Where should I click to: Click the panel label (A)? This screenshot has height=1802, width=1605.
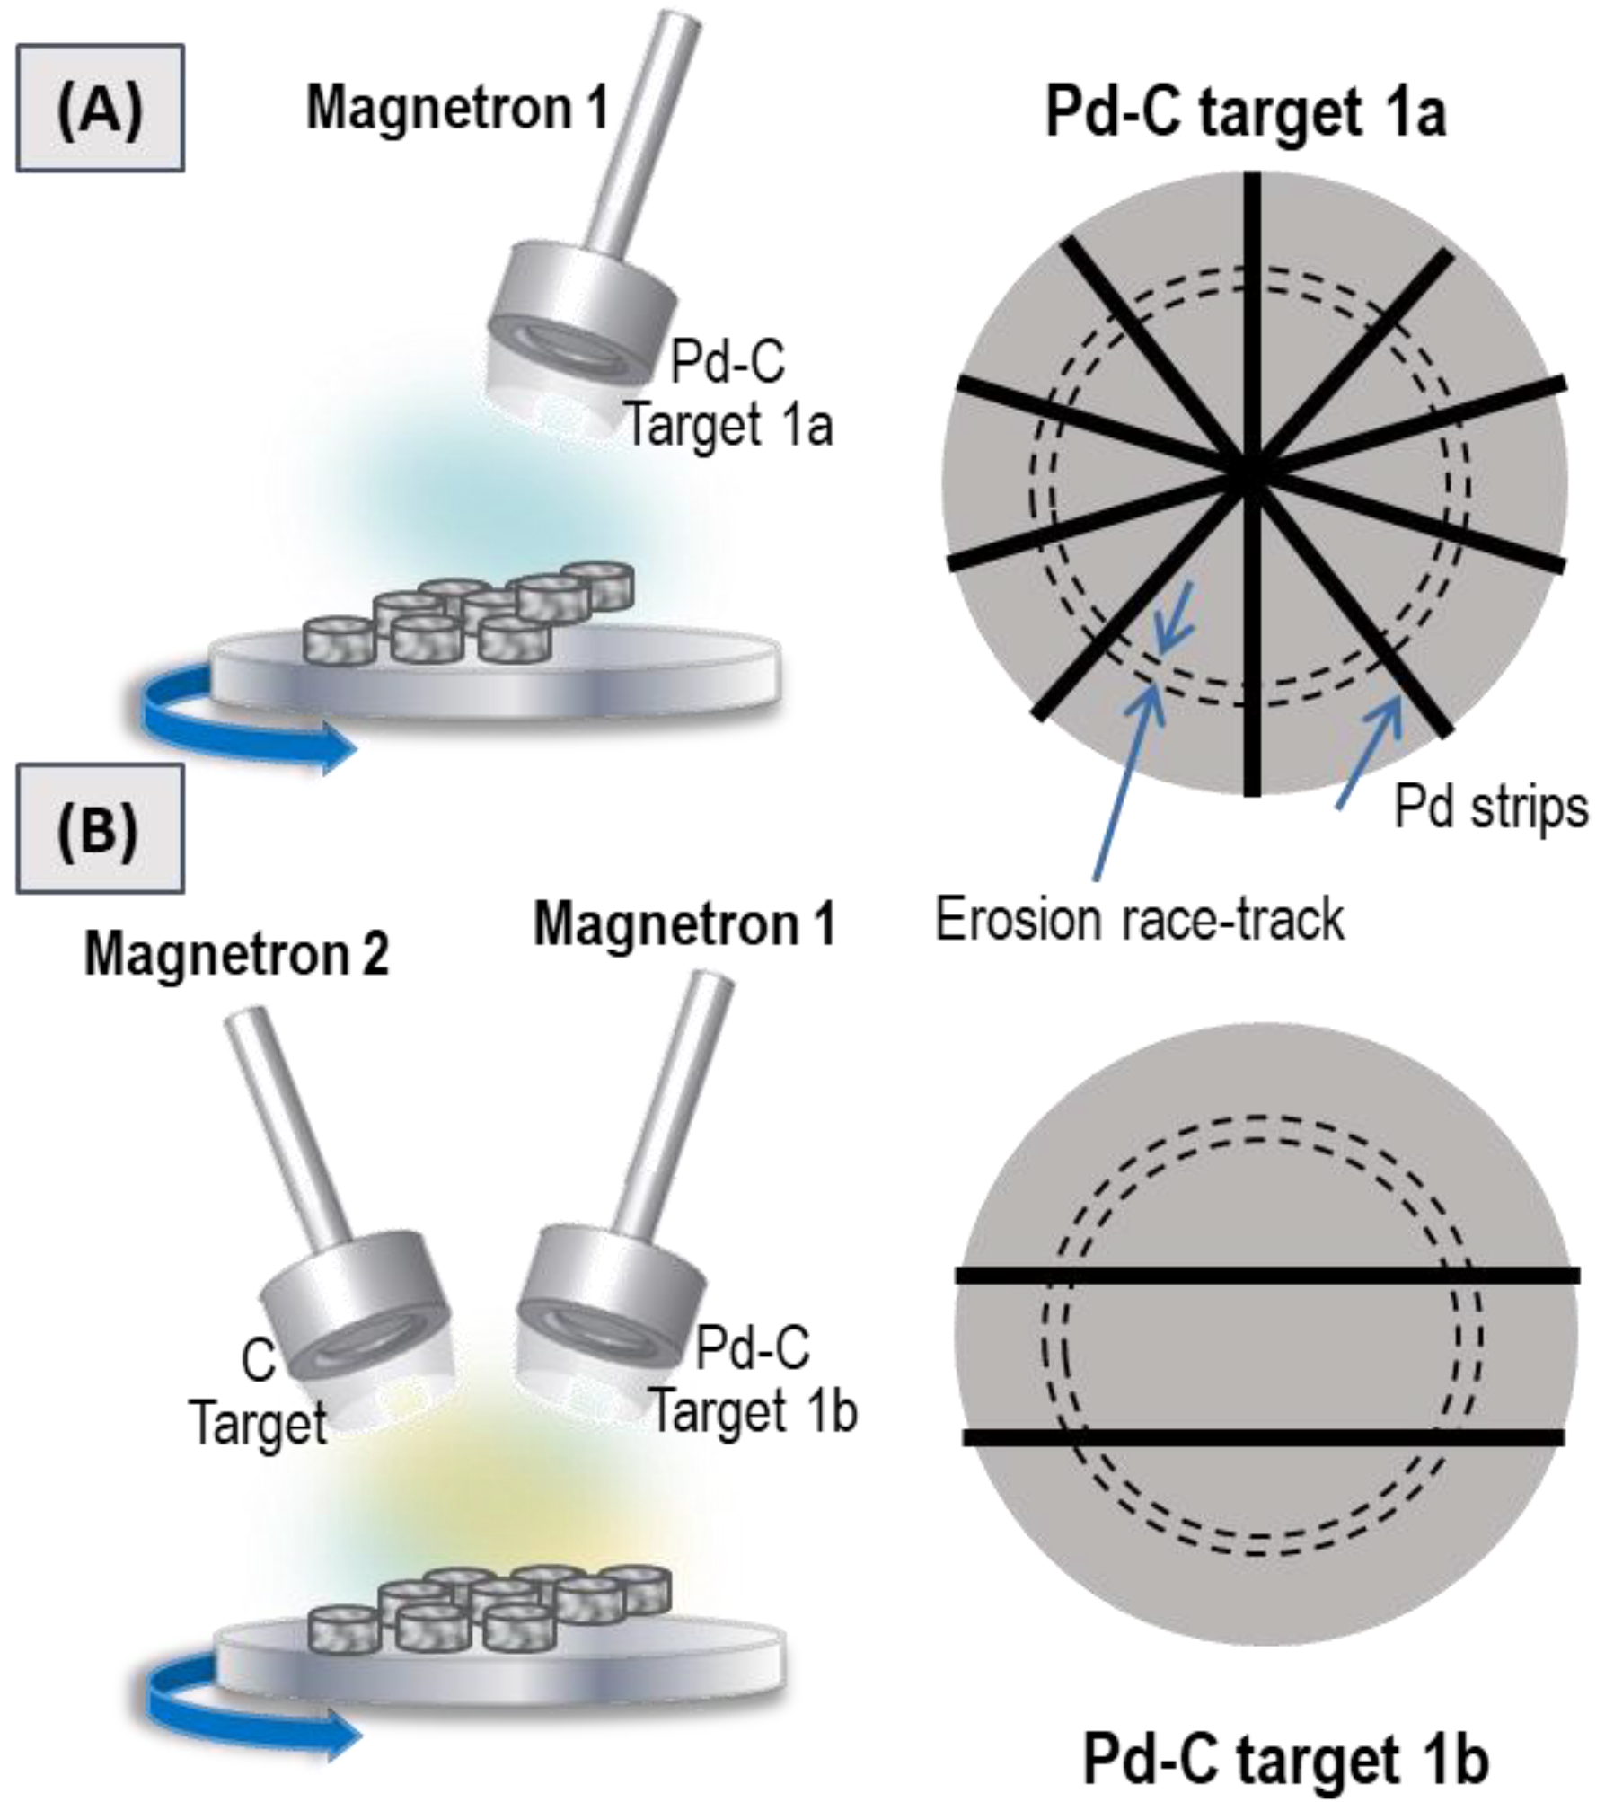(100, 108)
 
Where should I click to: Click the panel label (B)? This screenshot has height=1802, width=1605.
(100, 828)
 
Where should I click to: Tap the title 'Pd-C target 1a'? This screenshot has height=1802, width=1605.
(1245, 115)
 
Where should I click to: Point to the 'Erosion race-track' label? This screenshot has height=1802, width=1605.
(1140, 919)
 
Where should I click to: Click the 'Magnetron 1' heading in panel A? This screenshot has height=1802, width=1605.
(457, 108)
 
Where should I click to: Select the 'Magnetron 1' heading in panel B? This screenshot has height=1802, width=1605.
(684, 923)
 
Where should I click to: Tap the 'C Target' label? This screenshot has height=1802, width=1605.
(259, 1391)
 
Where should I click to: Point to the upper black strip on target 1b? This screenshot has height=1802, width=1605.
(1266, 1276)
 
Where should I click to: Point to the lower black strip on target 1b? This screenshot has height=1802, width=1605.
(1266, 1437)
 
